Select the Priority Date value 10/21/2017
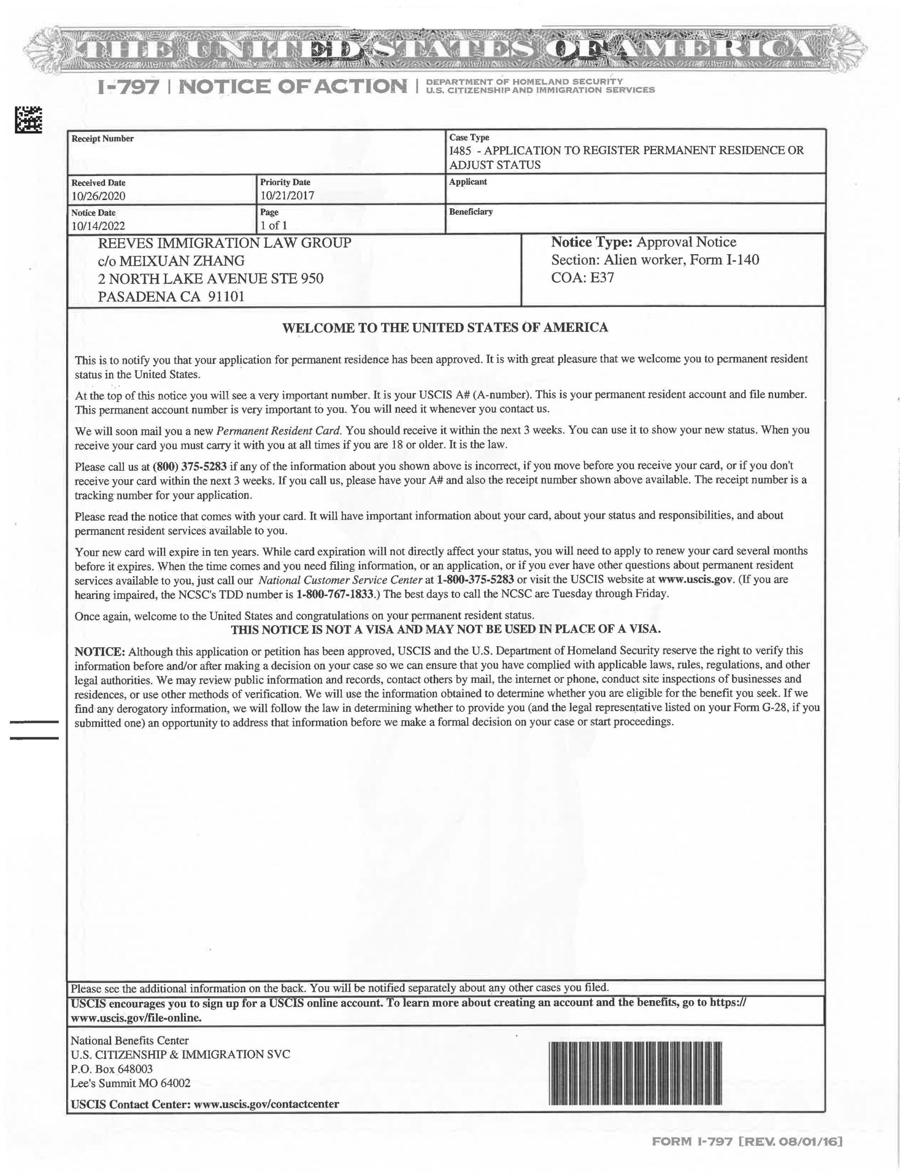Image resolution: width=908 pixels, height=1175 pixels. [x=287, y=195]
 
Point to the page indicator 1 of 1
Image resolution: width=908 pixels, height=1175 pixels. [x=274, y=225]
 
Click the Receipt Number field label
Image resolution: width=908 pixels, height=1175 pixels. [x=102, y=139]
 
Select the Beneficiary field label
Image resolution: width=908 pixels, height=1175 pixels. [x=471, y=212]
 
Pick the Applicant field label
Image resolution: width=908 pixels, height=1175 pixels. [x=468, y=182]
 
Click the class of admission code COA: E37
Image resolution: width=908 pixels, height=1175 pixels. [x=583, y=278]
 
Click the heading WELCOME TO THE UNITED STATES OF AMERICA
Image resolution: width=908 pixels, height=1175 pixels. [x=445, y=328]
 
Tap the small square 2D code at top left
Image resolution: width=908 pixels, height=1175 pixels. [x=28, y=120]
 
